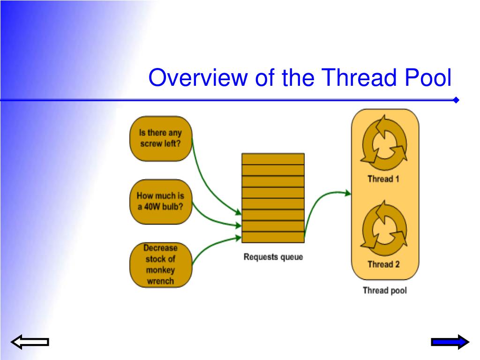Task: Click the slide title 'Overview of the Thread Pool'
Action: pyautogui.click(x=300, y=78)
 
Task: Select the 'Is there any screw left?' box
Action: pyautogui.click(x=161, y=138)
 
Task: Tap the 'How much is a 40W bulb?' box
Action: pyautogui.click(x=161, y=202)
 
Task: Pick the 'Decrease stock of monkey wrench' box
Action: pyautogui.click(x=160, y=264)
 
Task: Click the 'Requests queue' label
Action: pyautogui.click(x=273, y=257)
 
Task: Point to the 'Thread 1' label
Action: pyautogui.click(x=383, y=179)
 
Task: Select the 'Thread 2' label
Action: pyautogui.click(x=383, y=264)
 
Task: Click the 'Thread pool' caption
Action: pyautogui.click(x=385, y=291)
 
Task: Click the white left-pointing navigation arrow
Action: pyautogui.click(x=30, y=343)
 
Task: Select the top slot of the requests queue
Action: pyautogui.click(x=273, y=158)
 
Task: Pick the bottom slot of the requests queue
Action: pyautogui.click(x=273, y=237)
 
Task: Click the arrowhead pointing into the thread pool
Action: pyautogui.click(x=347, y=193)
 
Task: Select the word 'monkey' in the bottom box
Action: pyautogui.click(x=160, y=270)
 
